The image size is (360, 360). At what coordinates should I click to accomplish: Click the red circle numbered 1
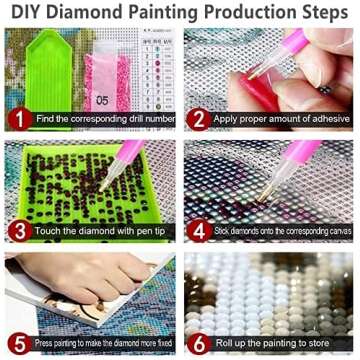pyautogui.click(x=17, y=119)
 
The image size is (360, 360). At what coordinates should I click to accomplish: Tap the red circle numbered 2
pyautogui.click(x=197, y=119)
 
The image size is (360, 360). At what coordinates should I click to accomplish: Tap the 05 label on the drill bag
pyautogui.click(x=102, y=99)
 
